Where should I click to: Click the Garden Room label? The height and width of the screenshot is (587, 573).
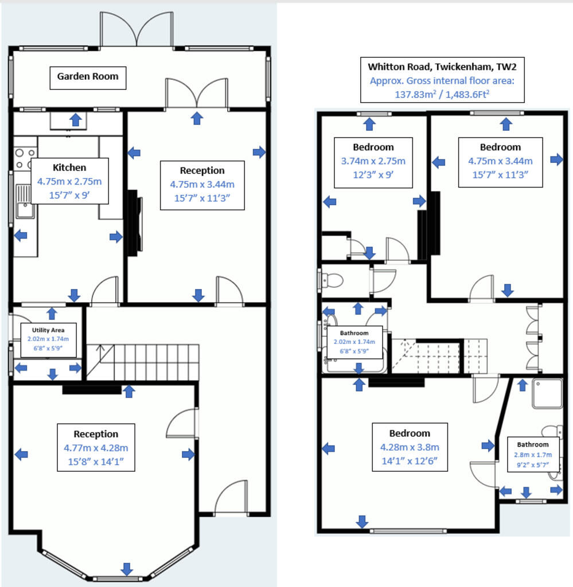pos(88,76)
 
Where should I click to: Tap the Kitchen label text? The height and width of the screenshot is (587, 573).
pos(69,167)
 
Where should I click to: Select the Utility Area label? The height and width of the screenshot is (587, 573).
pos(48,330)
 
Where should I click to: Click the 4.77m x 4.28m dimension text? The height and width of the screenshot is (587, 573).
pos(96,448)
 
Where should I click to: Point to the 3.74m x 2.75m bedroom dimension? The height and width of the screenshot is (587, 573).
pos(373,161)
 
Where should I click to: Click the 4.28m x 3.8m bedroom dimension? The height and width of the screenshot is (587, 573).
pos(410,447)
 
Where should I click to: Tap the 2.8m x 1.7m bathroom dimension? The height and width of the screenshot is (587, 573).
pos(532,455)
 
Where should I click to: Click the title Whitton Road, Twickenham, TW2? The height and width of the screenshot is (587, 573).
pos(442,66)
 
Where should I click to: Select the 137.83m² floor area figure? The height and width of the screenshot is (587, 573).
pos(415,94)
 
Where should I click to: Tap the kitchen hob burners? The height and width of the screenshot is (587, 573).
pos(25,158)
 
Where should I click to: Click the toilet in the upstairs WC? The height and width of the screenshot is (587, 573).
pos(332,280)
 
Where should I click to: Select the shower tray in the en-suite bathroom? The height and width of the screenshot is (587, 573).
pos(547,393)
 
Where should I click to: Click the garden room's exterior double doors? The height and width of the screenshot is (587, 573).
pos(137,29)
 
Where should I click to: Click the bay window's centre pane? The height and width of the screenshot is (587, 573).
pos(118,579)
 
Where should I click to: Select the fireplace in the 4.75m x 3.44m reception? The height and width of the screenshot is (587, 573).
pos(134,223)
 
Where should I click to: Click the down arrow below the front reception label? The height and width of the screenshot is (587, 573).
pos(127,569)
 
